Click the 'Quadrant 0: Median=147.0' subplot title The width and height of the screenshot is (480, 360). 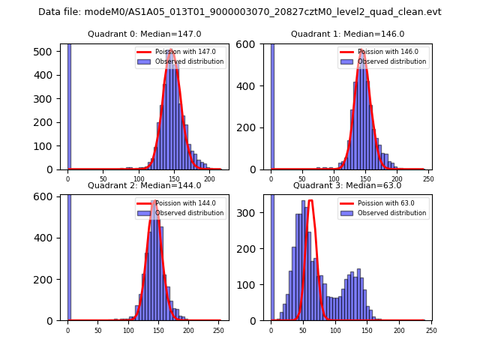click(145, 34)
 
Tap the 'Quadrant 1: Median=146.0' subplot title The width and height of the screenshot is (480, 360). click(347, 34)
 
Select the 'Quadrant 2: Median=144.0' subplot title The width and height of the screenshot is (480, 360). click(145, 185)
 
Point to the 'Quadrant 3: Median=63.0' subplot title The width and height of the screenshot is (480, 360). click(347, 185)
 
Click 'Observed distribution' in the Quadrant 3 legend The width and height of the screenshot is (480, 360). click(391, 213)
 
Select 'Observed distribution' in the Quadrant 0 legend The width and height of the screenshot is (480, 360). click(189, 61)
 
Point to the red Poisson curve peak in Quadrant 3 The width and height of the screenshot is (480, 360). click(310, 201)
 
